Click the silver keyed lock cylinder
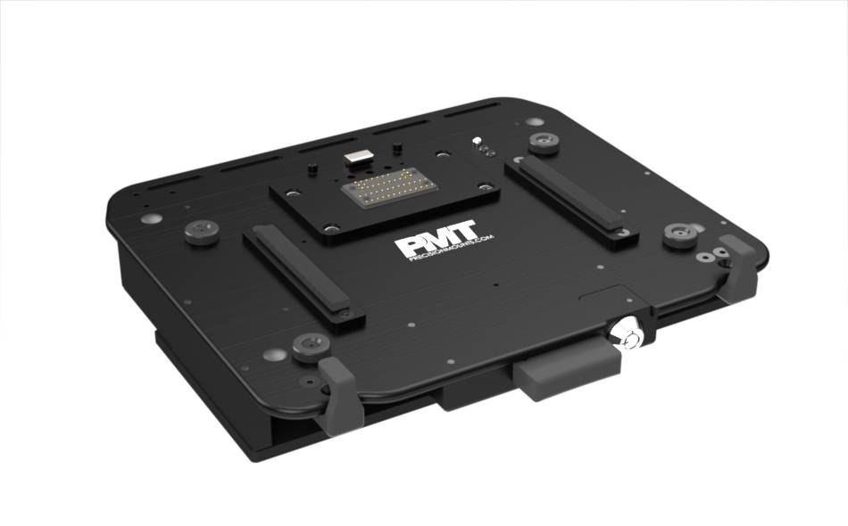(631, 336)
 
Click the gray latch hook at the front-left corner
(339, 393)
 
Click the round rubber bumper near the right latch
(681, 234)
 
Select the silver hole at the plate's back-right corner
(486, 185)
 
